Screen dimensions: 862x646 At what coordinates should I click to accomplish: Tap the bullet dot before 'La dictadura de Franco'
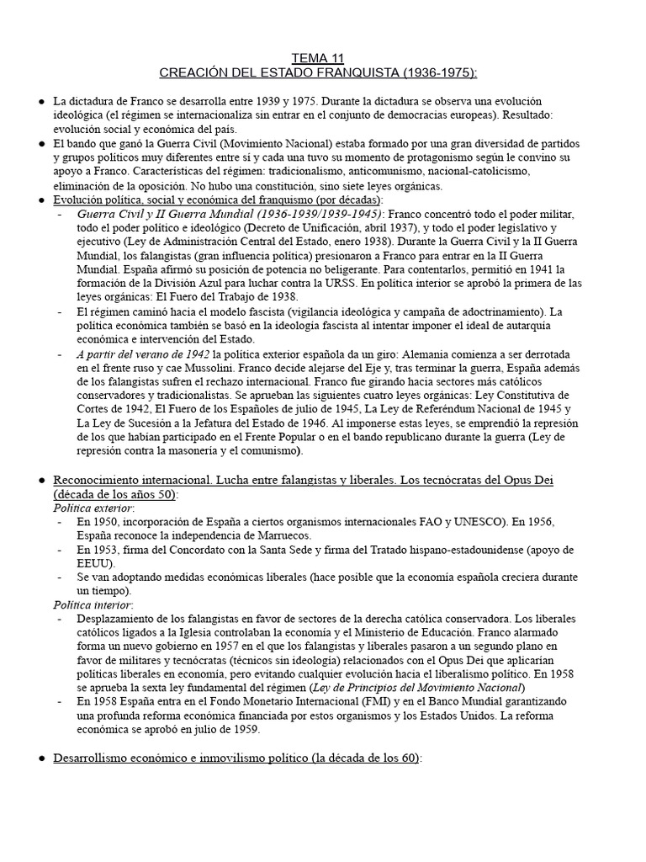[41, 102]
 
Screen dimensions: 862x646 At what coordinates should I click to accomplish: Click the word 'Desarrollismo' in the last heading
[94, 758]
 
